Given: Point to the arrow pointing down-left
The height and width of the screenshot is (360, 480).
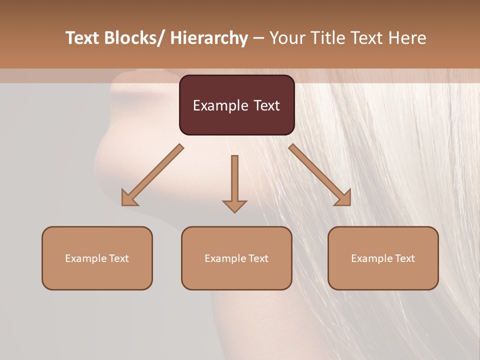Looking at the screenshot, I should point(152,175).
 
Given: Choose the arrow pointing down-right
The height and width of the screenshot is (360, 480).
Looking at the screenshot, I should point(320,175).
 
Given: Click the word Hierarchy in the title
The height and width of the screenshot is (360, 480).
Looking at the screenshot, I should point(208,38).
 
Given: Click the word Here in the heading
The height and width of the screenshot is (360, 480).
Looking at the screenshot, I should point(407,38).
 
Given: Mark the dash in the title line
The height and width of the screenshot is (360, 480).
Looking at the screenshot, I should point(258,38).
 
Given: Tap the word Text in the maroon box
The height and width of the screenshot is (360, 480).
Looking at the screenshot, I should point(266,105).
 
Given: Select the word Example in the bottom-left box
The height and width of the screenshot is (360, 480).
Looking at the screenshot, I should point(85,258).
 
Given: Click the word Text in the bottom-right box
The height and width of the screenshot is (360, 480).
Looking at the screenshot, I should point(404,258).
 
